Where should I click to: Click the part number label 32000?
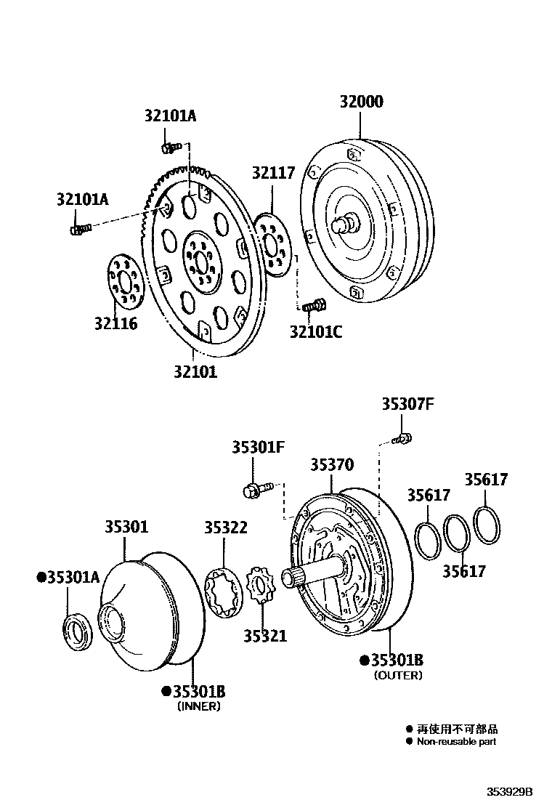tap(361, 102)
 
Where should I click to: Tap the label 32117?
tap(274, 173)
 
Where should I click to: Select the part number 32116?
tap(115, 323)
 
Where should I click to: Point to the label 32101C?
tap(315, 332)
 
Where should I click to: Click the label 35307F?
tap(407, 405)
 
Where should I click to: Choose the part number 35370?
tap(332, 464)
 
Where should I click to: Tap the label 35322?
tap(226, 528)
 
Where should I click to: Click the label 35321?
tap(264, 636)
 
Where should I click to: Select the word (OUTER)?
tap(398, 675)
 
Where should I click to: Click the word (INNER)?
tap(198, 706)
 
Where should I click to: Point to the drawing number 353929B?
tap(510, 791)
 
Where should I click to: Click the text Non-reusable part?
tap(456, 742)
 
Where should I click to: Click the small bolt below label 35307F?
tap(402, 439)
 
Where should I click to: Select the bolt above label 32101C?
tap(314, 306)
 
